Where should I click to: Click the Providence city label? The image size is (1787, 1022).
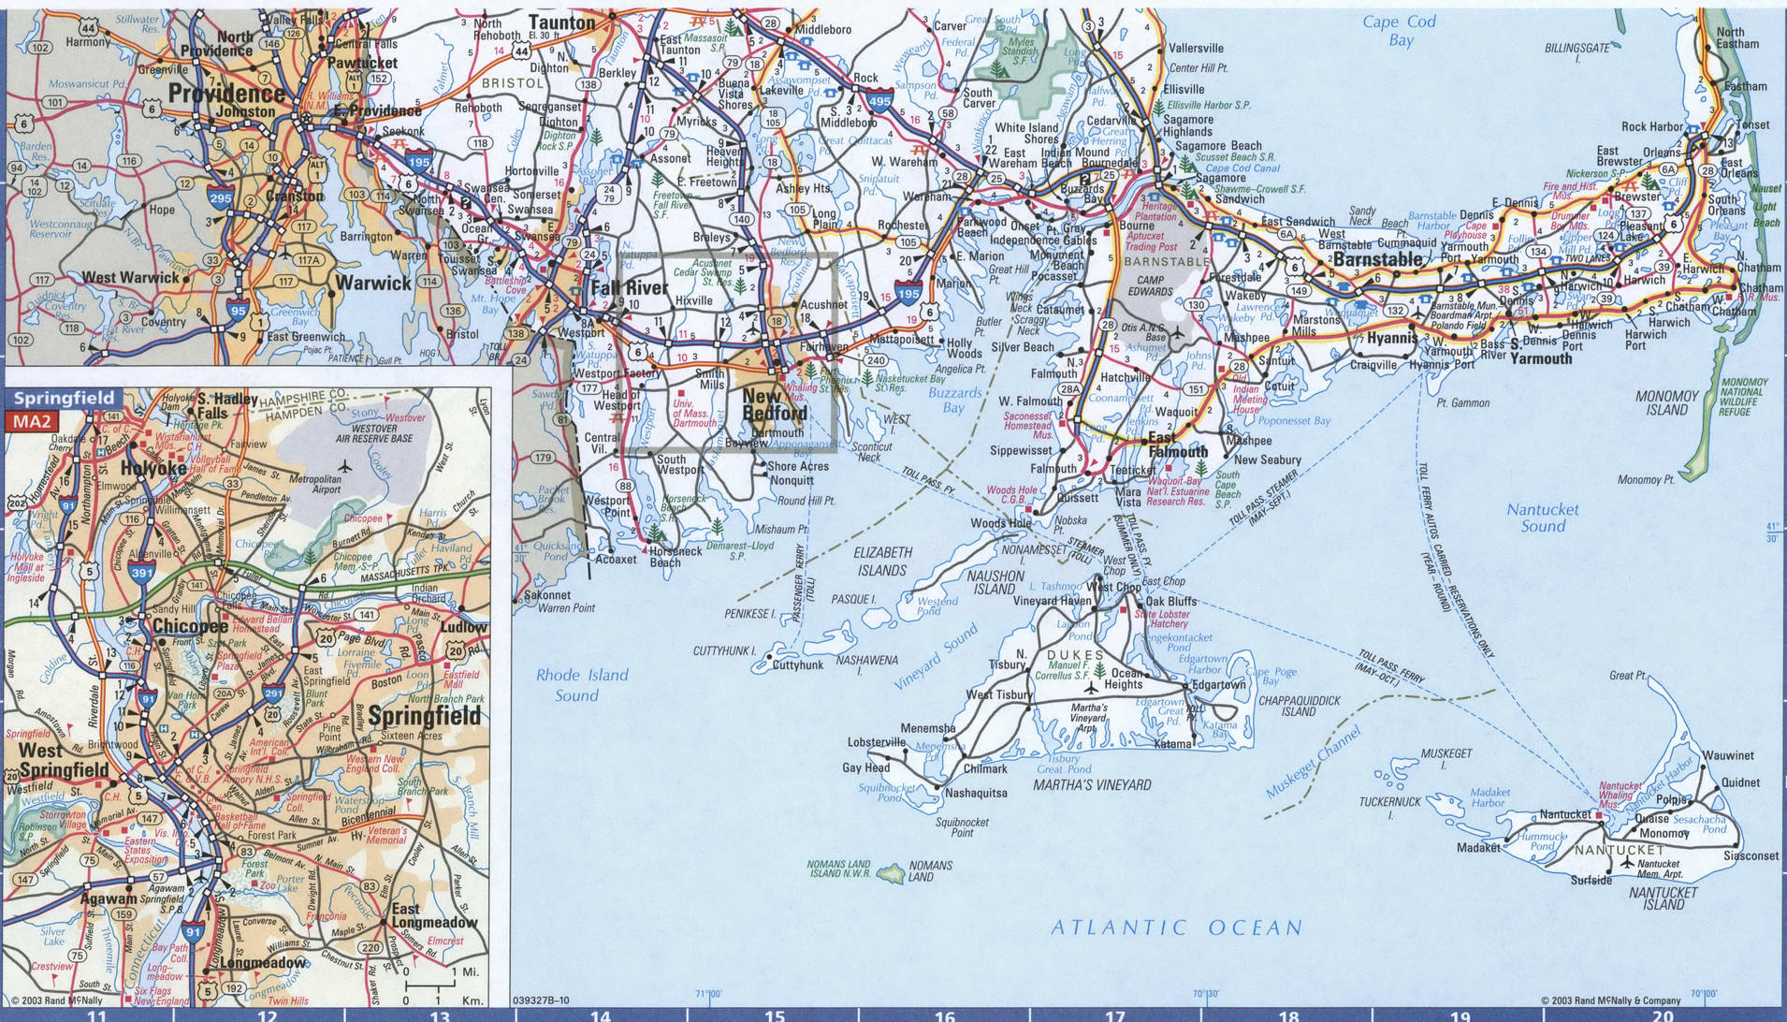pos(226,94)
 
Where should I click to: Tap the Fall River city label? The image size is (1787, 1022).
pos(629,287)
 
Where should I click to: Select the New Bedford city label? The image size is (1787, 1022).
pos(774,404)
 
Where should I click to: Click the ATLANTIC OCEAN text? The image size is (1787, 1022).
pos(1176,927)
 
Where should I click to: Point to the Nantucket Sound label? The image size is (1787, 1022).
pos(1542,518)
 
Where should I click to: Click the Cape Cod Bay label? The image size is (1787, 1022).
pos(1400,30)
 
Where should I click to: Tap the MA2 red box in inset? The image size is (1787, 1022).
pos(29,421)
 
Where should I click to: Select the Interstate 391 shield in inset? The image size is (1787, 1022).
pos(142,573)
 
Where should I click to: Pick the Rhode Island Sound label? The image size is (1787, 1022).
pos(582,684)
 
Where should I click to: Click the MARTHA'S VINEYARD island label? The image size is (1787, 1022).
pos(1092,784)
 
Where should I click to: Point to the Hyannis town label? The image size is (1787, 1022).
pos(1393,338)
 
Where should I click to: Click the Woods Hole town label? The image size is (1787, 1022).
pos(1000,523)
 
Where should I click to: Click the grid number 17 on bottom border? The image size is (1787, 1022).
pos(1114,1015)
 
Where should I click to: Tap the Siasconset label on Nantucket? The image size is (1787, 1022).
pos(1751,855)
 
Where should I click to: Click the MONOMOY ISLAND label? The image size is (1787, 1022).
pos(1666,402)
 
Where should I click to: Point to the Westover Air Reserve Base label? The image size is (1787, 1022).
pos(374,432)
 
